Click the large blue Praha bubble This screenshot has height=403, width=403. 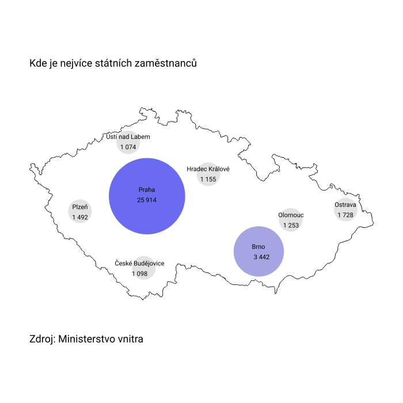[147, 196]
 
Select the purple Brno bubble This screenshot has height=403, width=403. [259, 252]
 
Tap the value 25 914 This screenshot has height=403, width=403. [147, 200]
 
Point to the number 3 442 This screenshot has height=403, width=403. [261, 257]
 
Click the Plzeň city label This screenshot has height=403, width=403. [80, 207]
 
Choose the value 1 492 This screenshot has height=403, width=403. [80, 218]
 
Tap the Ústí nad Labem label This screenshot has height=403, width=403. [128, 136]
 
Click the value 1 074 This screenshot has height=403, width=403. [128, 147]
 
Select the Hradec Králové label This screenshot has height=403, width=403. [208, 169]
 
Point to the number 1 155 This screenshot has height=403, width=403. [208, 180]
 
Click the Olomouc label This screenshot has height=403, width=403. [291, 215]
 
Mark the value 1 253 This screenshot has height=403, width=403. [291, 226]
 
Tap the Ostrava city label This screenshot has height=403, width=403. [345, 204]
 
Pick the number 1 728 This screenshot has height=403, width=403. [345, 215]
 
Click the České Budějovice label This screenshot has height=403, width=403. [139, 263]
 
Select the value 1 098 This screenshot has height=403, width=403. [139, 273]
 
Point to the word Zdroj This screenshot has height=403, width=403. [42, 339]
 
